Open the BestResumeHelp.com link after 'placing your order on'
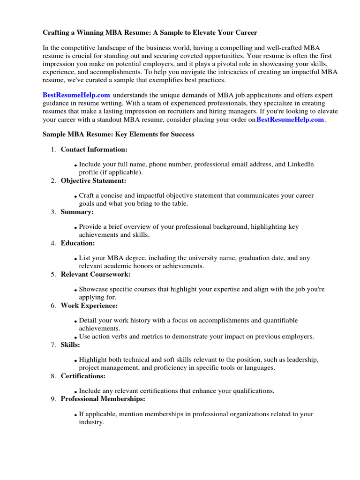pos(290,120)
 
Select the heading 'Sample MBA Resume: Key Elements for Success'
pos(118,134)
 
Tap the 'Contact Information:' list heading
pos(94,150)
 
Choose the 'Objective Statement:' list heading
pos(93,180)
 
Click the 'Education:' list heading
pos(78,243)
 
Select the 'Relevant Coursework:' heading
pos(96,274)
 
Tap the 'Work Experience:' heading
pos(89,306)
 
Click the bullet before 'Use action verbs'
pos(75,337)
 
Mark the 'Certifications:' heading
pos(83,375)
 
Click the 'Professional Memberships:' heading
pos(103,399)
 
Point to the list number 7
pos(53,345)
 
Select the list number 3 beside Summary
pos(53,212)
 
